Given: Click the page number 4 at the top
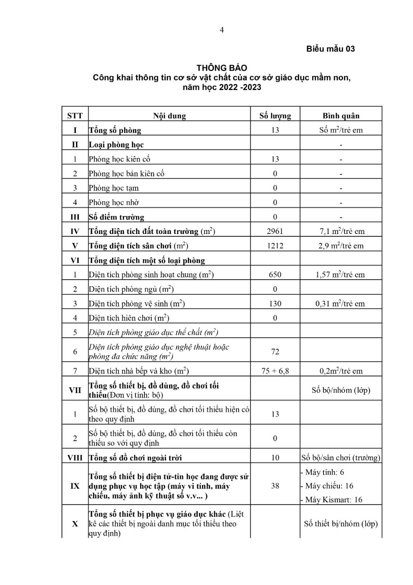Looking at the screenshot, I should coord(222,30).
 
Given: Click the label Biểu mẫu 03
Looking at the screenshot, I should coord(330,49).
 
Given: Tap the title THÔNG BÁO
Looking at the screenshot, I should coord(221,68).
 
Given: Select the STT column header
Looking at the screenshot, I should coord(75,116).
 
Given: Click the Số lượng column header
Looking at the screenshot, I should coord(275,116).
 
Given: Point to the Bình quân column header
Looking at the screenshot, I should coord(341,116).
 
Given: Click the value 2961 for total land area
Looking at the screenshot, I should coord(275,231).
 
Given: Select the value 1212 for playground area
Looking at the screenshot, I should coord(275,246).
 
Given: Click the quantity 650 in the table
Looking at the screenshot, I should coord(275,275).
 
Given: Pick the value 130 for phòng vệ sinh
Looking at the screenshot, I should coord(275,303).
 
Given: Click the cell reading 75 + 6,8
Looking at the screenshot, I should coord(275,371).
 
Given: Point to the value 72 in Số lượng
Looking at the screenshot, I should coord(275,352).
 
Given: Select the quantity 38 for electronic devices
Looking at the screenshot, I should coord(275,486).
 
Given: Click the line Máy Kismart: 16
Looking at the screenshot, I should coord(334,500).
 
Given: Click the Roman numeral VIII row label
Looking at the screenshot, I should coord(75,458).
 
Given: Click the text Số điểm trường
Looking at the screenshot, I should coord(116,217).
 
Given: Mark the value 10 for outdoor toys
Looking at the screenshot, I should coord(275,458).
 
